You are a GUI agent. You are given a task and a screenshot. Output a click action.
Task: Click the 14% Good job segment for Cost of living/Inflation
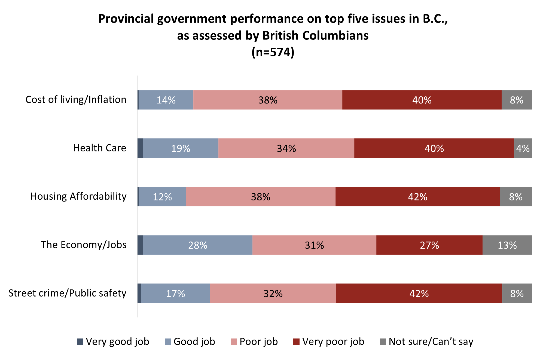pyautogui.click(x=166, y=100)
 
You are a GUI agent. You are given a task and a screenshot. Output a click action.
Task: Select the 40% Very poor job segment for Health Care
pyautogui.click(x=434, y=148)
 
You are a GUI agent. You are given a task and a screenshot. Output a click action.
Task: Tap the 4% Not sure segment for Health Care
pyautogui.click(x=523, y=148)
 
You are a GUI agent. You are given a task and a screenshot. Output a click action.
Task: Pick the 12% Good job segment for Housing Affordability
pyautogui.click(x=162, y=197)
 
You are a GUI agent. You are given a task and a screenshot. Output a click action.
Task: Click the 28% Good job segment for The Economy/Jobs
pyautogui.click(x=198, y=245)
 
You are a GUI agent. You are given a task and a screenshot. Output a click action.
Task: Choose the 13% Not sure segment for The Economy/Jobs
pyautogui.click(x=507, y=245)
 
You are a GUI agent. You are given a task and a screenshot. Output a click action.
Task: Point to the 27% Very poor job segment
pyautogui.click(x=429, y=245)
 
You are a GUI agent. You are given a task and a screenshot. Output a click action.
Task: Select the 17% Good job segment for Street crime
pyautogui.click(x=175, y=293)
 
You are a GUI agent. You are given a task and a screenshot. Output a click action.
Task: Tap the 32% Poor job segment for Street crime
pyautogui.click(x=273, y=293)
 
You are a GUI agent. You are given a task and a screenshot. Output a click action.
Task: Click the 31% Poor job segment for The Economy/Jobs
pyautogui.click(x=314, y=245)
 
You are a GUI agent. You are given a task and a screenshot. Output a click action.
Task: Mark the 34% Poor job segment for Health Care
pyautogui.click(x=286, y=148)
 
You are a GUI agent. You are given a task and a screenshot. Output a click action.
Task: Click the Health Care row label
pyautogui.click(x=100, y=148)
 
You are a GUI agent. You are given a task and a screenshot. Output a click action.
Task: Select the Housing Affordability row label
pyautogui.click(x=78, y=196)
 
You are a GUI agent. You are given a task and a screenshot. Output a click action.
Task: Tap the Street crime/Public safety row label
pyautogui.click(x=68, y=293)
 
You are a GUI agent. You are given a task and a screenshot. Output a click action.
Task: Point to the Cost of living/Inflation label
pyautogui.click(x=76, y=100)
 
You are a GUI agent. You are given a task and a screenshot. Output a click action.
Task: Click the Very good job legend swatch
pyautogui.click(x=80, y=341)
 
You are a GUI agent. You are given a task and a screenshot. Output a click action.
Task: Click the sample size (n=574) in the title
pyautogui.click(x=273, y=52)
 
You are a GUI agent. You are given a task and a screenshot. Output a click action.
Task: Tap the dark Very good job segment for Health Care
pyautogui.click(x=140, y=148)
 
